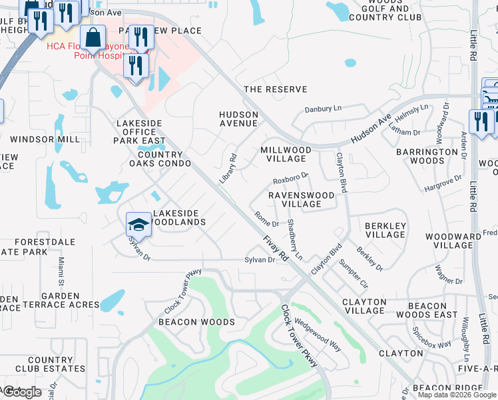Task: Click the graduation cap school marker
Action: [138, 224]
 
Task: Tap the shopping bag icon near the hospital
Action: [93, 39]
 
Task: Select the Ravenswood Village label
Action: [295, 199]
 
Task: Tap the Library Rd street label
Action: [228, 169]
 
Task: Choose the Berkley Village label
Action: [385, 230]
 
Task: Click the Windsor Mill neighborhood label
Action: [46, 139]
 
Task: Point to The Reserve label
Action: [276, 89]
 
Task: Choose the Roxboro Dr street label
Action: [291, 179]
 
